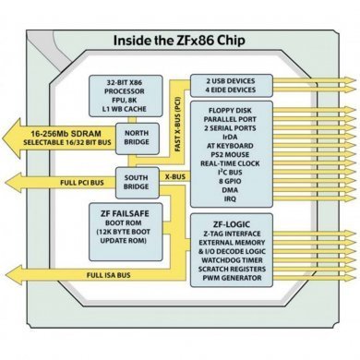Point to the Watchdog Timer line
(247, 260)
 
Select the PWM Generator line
(247, 280)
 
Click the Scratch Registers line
(247, 270)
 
